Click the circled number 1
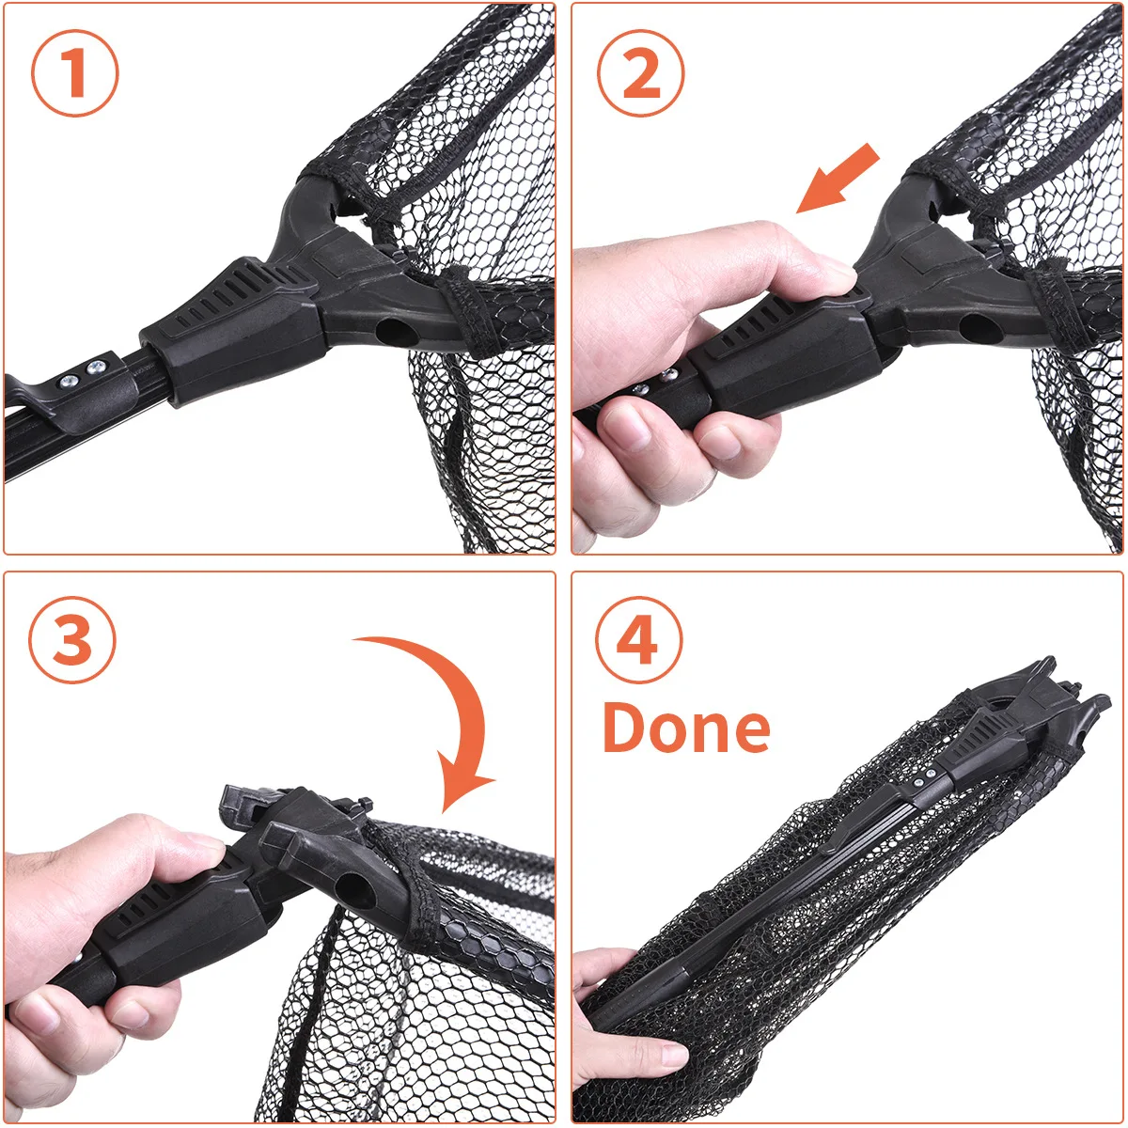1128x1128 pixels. click(75, 73)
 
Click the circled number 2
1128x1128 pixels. click(641, 73)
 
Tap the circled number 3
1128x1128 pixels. click(73, 641)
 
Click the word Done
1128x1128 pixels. click(686, 728)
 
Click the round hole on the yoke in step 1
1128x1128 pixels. click(395, 331)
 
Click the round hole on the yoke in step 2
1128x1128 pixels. click(980, 327)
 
